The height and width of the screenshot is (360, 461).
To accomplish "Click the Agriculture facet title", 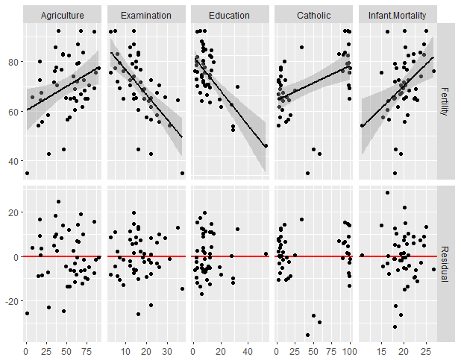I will (62, 15).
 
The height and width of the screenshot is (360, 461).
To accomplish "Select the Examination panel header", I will (145, 15).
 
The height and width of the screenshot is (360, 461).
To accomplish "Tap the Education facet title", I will (229, 15).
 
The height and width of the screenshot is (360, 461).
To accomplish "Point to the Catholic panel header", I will (313, 15).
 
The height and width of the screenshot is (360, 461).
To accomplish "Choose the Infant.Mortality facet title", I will (396, 15).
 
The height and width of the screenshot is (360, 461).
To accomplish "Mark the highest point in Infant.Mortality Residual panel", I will (387, 193).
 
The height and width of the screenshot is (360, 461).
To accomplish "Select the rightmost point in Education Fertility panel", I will (266, 145).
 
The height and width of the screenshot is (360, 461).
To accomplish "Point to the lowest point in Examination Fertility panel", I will (182, 173).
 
